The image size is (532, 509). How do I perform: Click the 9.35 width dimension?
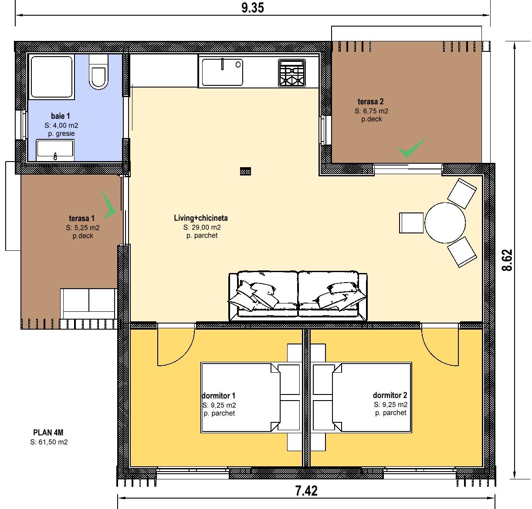252,8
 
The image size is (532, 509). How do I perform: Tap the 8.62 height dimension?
507,260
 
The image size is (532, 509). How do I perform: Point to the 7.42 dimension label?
306,491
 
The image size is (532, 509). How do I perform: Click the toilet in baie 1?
98,71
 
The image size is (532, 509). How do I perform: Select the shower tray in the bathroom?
51,77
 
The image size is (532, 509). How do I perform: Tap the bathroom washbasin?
55,150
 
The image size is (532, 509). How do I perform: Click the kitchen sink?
222,72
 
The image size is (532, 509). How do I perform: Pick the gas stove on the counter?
291,73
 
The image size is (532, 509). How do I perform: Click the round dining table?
445,222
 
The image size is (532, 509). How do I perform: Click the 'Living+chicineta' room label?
201,218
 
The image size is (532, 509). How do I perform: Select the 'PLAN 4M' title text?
48,432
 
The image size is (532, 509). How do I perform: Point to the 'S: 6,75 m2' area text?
371,111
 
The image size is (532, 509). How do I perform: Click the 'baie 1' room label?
61,116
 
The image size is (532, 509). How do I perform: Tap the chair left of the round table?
411,223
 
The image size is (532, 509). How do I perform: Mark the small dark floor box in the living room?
245,171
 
